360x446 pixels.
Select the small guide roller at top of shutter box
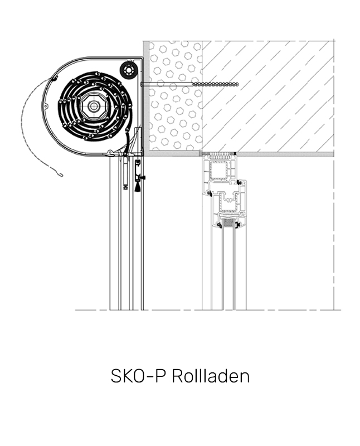(129, 70)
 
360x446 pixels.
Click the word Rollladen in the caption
(210, 376)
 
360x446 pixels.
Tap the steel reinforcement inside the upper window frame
(220, 170)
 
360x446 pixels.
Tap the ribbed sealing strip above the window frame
(220, 153)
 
